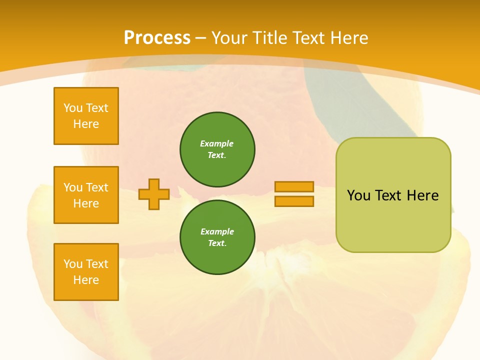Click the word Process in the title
click(157, 38)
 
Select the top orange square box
click(86, 116)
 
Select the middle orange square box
click(86, 195)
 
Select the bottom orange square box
click(86, 272)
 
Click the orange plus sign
click(154, 194)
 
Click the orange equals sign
click(294, 194)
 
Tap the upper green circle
click(217, 149)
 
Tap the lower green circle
click(217, 237)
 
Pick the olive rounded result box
click(393, 195)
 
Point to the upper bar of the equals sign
click(294, 186)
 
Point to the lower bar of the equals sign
click(294, 201)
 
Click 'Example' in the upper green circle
click(217, 143)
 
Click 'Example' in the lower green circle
click(217, 231)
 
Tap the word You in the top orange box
click(73, 108)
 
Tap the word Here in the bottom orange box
click(86, 280)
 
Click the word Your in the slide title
click(228, 38)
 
